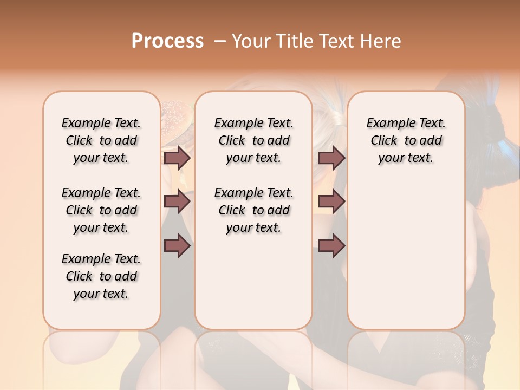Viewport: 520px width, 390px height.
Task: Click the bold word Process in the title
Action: click(x=167, y=41)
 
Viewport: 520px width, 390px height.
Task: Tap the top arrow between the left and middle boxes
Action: click(x=177, y=158)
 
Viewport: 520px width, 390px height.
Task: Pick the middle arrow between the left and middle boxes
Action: click(x=177, y=202)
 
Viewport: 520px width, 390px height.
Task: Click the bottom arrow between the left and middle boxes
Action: click(x=177, y=246)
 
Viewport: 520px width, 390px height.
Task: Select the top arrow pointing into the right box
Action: click(x=331, y=158)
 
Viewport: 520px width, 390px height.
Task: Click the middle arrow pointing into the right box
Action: click(x=331, y=202)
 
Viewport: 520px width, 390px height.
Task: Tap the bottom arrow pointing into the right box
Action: click(x=331, y=246)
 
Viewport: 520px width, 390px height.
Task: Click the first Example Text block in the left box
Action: click(x=101, y=140)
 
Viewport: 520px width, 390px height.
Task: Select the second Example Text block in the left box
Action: click(x=101, y=210)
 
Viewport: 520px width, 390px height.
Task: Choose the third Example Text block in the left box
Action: click(x=101, y=276)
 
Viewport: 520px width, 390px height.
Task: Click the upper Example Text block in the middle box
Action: click(x=253, y=140)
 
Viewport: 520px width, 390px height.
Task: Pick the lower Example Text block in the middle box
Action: click(x=253, y=210)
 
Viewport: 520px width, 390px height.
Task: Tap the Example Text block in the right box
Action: click(x=406, y=140)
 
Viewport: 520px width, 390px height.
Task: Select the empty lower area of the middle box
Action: click(x=253, y=282)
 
